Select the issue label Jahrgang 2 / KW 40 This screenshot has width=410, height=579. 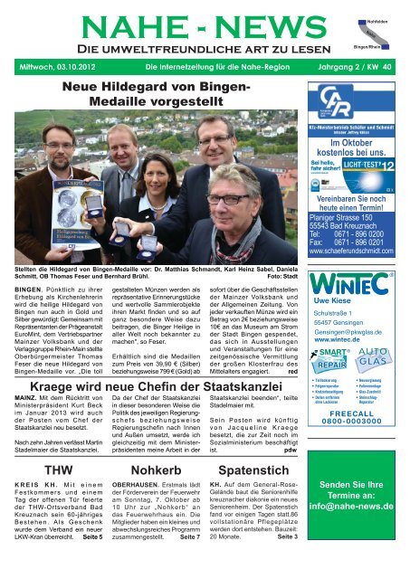coord(348,66)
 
